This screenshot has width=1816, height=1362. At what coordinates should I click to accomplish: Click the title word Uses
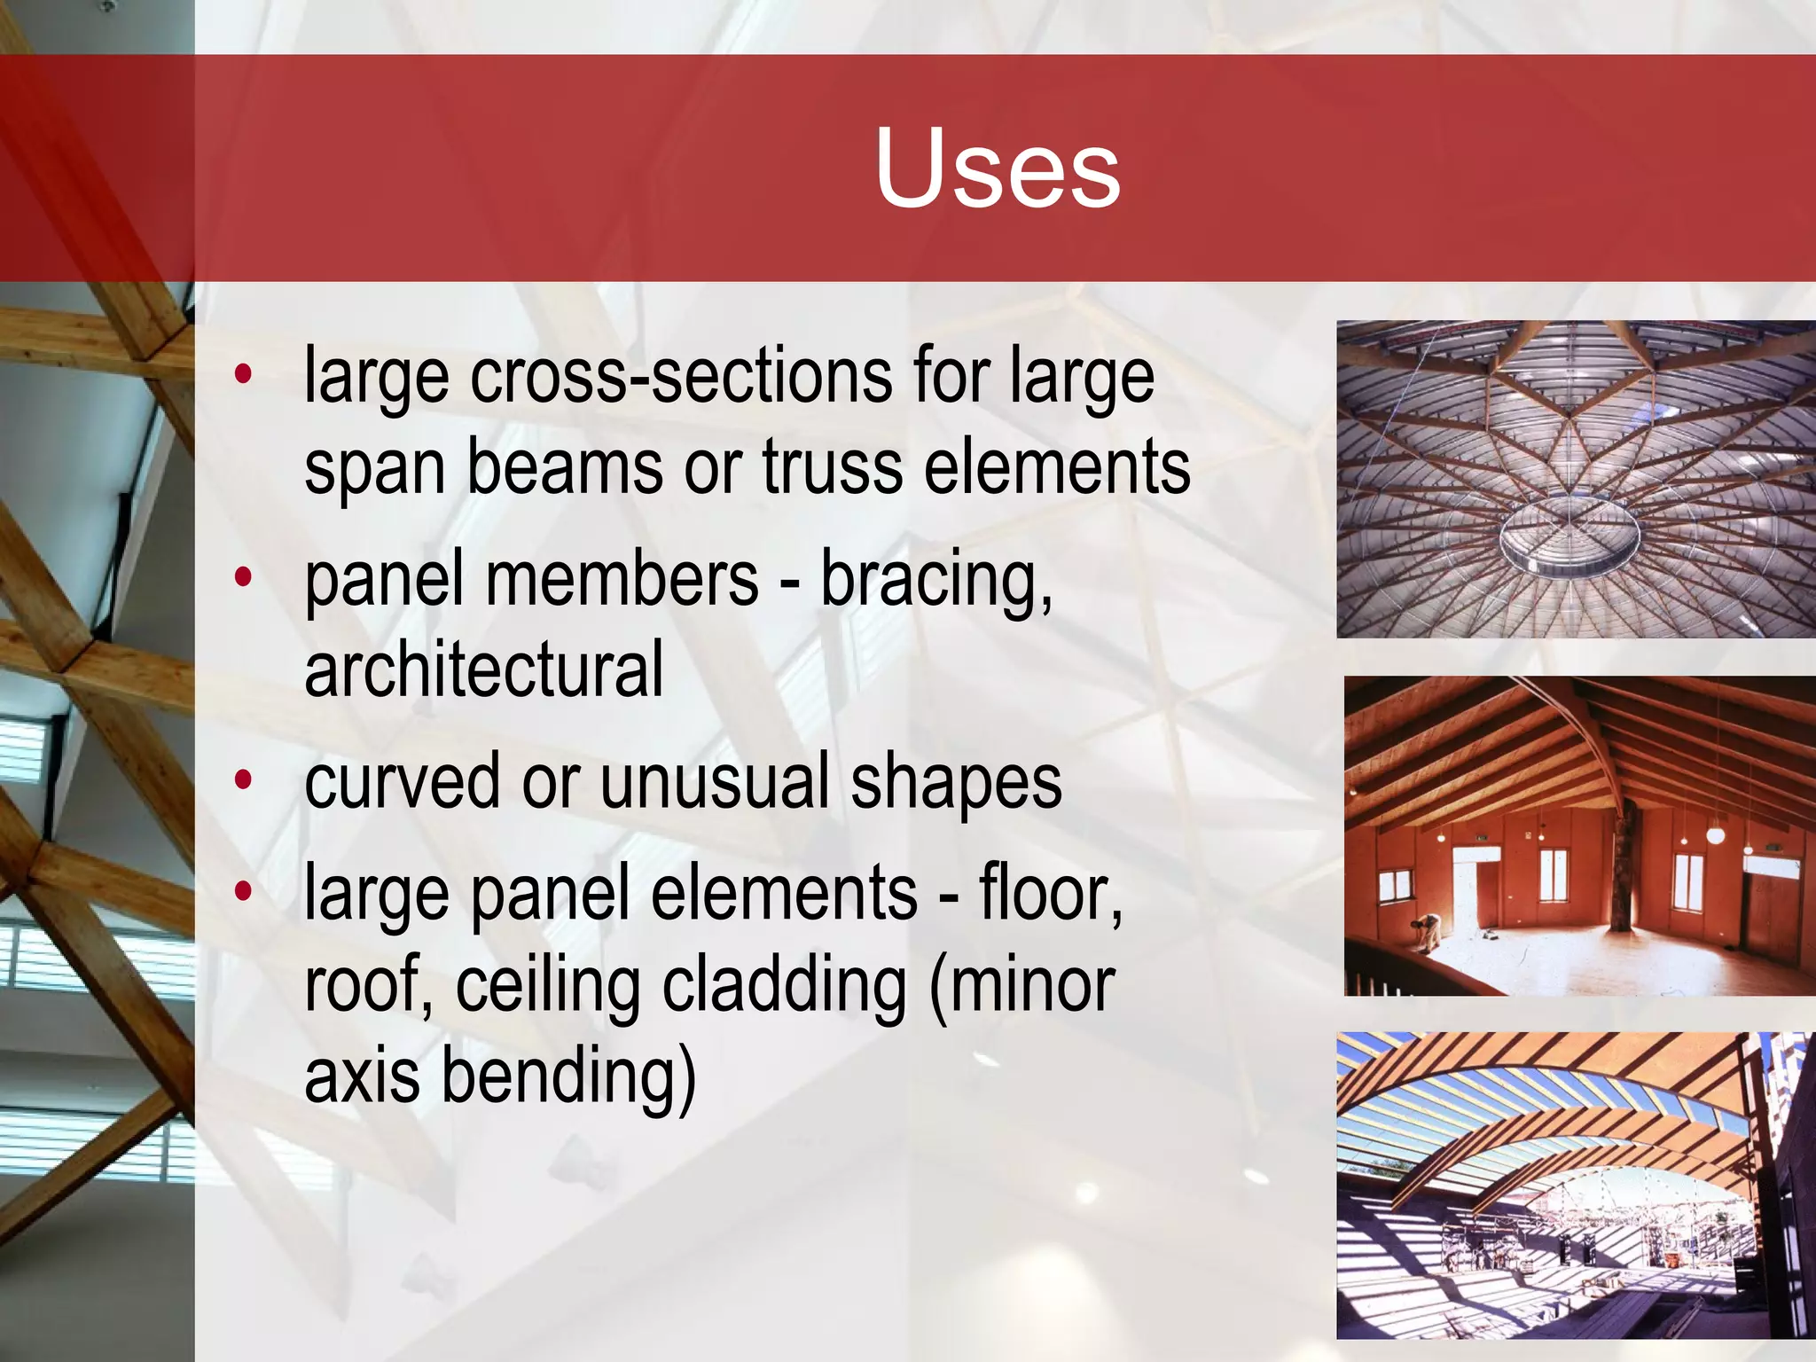click(997, 168)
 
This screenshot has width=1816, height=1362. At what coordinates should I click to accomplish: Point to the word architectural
click(483, 669)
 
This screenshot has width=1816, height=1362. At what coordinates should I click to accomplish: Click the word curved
click(403, 781)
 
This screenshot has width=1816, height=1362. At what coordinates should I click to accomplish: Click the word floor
click(1050, 893)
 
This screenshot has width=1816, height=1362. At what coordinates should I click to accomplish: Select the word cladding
click(785, 985)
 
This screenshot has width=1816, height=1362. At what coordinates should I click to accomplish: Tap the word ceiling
click(547, 987)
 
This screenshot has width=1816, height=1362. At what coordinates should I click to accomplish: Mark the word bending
click(567, 1077)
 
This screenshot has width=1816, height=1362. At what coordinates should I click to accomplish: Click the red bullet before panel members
click(243, 579)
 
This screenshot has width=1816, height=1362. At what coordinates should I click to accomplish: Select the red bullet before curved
click(243, 781)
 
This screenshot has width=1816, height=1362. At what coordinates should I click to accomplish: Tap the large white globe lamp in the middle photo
click(1716, 834)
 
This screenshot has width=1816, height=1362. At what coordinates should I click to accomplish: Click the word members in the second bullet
click(622, 580)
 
